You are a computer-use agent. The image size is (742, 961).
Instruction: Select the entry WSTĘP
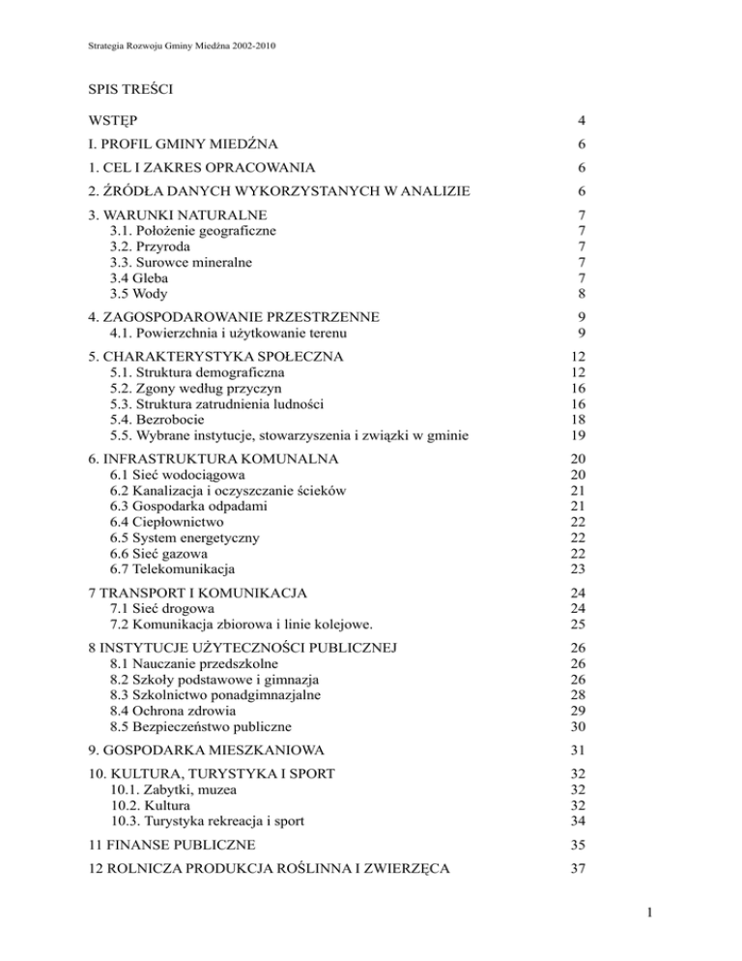point(112,122)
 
